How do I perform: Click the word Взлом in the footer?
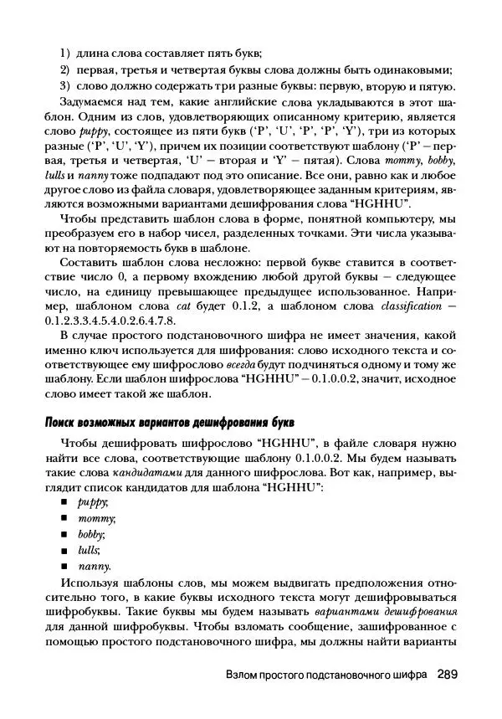[x=245, y=675]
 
